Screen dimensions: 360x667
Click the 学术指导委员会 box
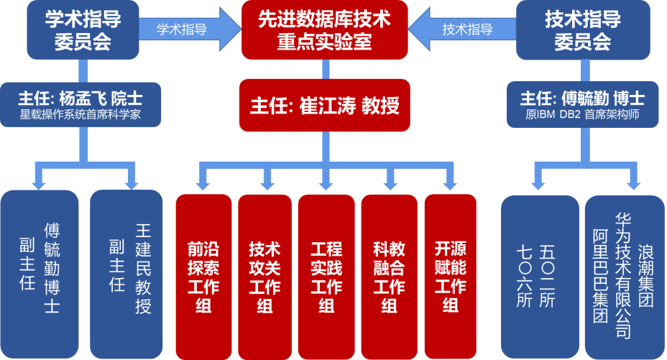click(83, 30)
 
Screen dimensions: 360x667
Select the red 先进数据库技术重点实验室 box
click(324, 30)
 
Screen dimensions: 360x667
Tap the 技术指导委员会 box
click(583, 30)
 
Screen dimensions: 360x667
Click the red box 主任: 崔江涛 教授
click(324, 106)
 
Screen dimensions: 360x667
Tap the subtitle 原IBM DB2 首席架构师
click(582, 114)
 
